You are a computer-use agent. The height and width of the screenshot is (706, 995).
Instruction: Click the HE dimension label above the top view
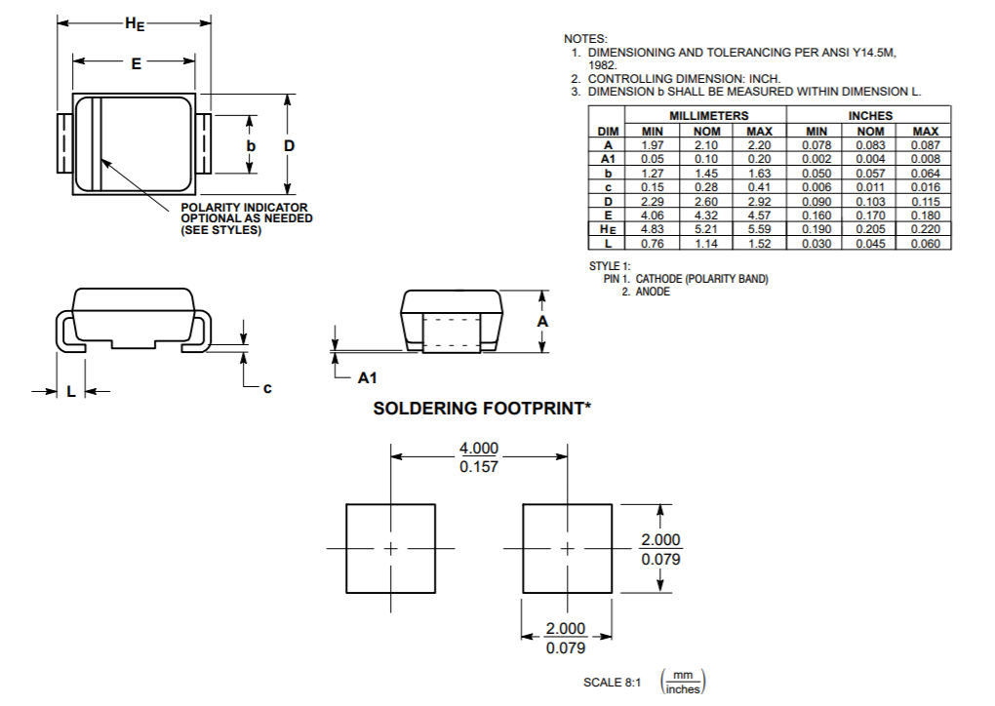[x=135, y=25]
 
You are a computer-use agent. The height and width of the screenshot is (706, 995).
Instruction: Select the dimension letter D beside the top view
[x=289, y=145]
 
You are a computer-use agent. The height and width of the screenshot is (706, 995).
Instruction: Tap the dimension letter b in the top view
[x=251, y=145]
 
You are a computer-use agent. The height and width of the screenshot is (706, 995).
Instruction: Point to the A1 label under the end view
[x=367, y=376]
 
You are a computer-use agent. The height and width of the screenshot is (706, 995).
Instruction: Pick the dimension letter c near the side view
[x=266, y=388]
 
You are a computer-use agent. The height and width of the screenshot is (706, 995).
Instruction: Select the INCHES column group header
[x=870, y=116]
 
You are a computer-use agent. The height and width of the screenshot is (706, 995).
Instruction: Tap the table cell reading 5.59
[x=759, y=229]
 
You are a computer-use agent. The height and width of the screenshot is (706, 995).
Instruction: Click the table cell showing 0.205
[x=870, y=229]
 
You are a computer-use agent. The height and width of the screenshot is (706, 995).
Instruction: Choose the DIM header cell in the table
[x=608, y=131]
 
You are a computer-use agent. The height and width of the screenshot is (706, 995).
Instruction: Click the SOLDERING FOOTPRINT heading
[x=482, y=409]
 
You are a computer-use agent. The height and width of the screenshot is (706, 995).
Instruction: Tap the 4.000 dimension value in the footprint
[x=479, y=449]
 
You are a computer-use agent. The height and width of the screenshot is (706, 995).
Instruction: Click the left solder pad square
[x=391, y=548]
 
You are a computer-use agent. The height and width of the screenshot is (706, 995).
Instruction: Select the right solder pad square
[x=566, y=548]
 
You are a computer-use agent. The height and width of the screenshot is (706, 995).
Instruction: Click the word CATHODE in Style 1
[x=658, y=279]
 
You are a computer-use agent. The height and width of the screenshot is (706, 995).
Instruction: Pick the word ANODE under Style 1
[x=653, y=292]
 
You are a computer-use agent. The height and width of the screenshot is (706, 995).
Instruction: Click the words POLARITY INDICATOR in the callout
[x=244, y=208]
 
